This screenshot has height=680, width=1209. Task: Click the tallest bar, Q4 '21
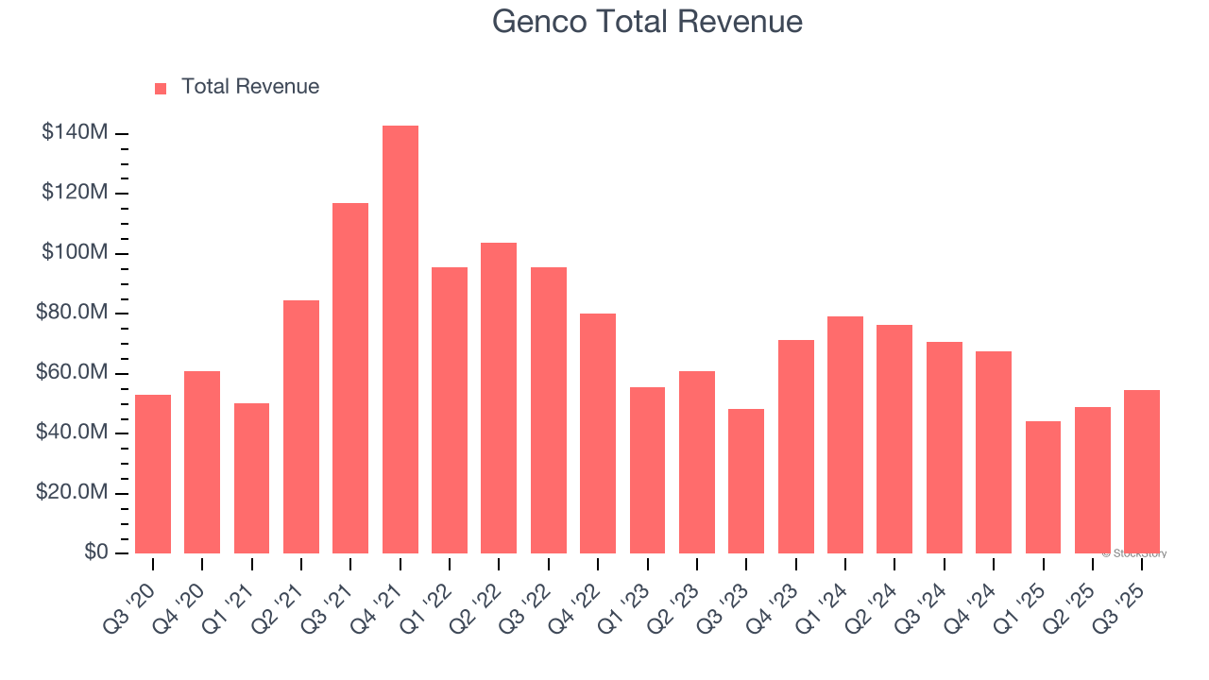click(400, 340)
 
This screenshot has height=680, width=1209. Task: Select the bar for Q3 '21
click(350, 378)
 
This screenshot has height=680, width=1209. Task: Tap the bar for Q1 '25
click(1043, 487)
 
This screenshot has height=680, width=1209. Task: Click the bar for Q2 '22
click(499, 398)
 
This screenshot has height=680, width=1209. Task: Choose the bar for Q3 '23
click(746, 481)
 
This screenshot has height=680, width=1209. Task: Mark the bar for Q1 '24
click(844, 434)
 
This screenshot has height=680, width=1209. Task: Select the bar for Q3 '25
click(1142, 471)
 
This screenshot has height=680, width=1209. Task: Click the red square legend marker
click(161, 89)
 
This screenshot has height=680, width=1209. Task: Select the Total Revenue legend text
click(250, 87)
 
